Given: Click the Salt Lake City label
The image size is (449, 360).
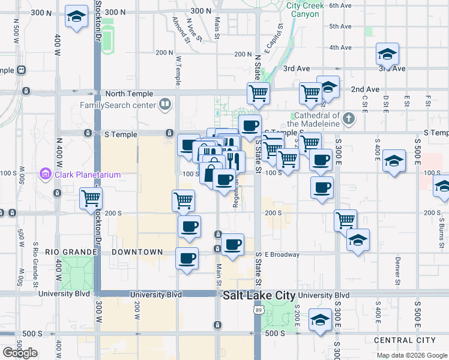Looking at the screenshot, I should (x=259, y=296).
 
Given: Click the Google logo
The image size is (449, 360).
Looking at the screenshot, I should (x=20, y=353).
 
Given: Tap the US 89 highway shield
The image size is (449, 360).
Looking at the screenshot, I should (x=259, y=310).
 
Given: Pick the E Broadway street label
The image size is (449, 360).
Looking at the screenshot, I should (x=282, y=254).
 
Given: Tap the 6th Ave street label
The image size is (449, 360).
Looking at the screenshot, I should (x=340, y=5).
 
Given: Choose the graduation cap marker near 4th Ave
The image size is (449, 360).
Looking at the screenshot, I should (x=388, y=55).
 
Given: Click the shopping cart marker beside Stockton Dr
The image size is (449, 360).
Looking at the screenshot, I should (x=91, y=198).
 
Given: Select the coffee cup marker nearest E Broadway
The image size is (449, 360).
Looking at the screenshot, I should (x=232, y=244).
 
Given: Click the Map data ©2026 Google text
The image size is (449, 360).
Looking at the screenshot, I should (x=412, y=355).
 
